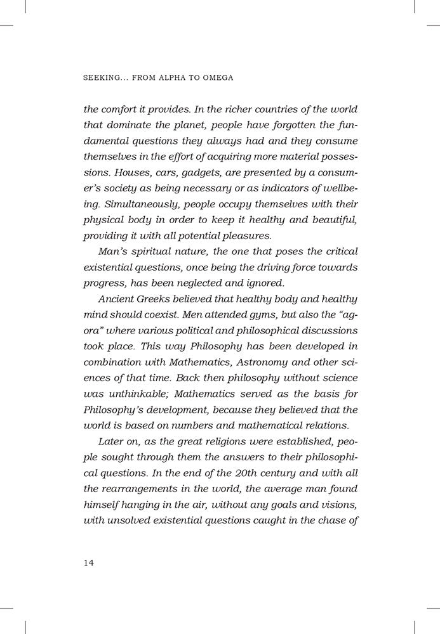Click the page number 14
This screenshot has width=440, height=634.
tap(89, 563)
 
